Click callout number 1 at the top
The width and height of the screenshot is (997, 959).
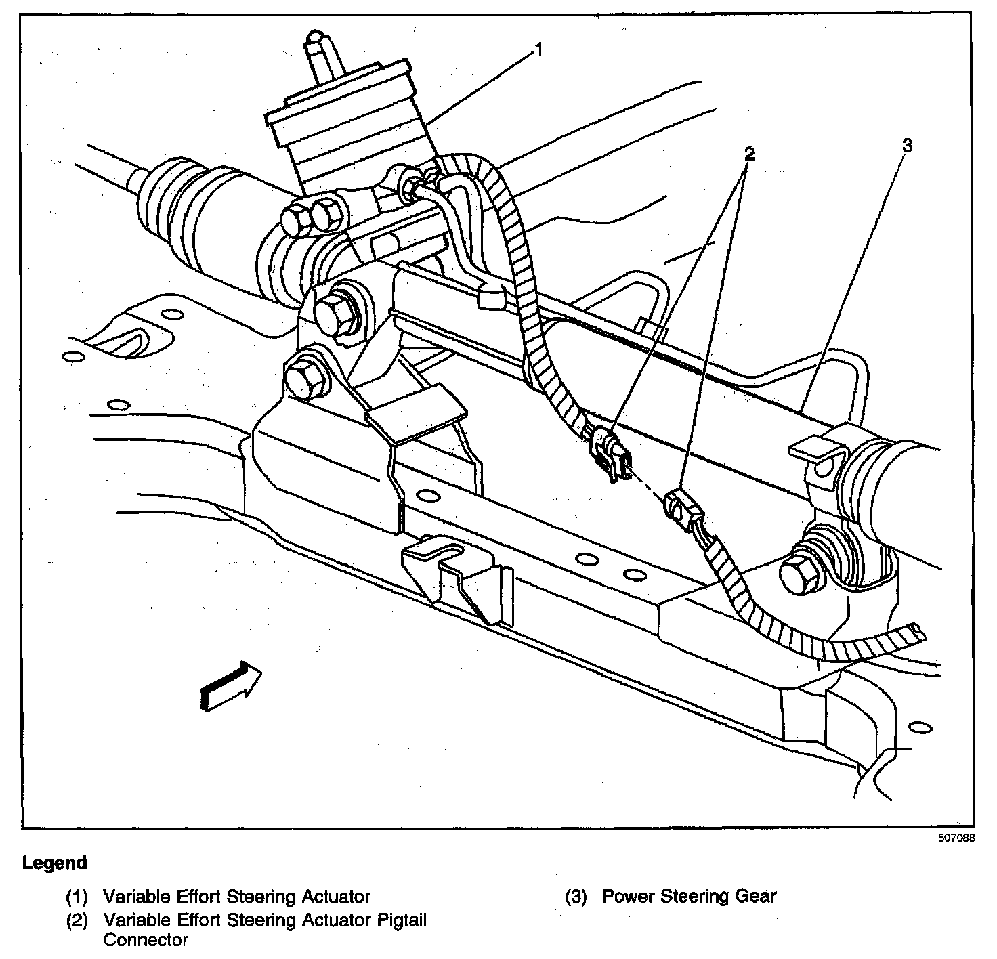click(x=538, y=50)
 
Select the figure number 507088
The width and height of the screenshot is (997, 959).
click(x=956, y=838)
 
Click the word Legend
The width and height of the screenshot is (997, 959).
click(x=55, y=864)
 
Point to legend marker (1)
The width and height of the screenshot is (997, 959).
click(x=77, y=897)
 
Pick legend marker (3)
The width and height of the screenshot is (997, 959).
click(x=576, y=897)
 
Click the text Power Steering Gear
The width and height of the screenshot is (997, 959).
click(x=690, y=897)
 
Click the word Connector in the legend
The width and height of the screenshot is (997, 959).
click(x=146, y=940)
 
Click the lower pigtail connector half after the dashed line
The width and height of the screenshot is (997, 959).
click(x=681, y=507)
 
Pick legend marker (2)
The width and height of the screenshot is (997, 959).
click(x=77, y=920)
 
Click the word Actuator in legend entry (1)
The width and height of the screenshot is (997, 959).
click(x=334, y=897)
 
